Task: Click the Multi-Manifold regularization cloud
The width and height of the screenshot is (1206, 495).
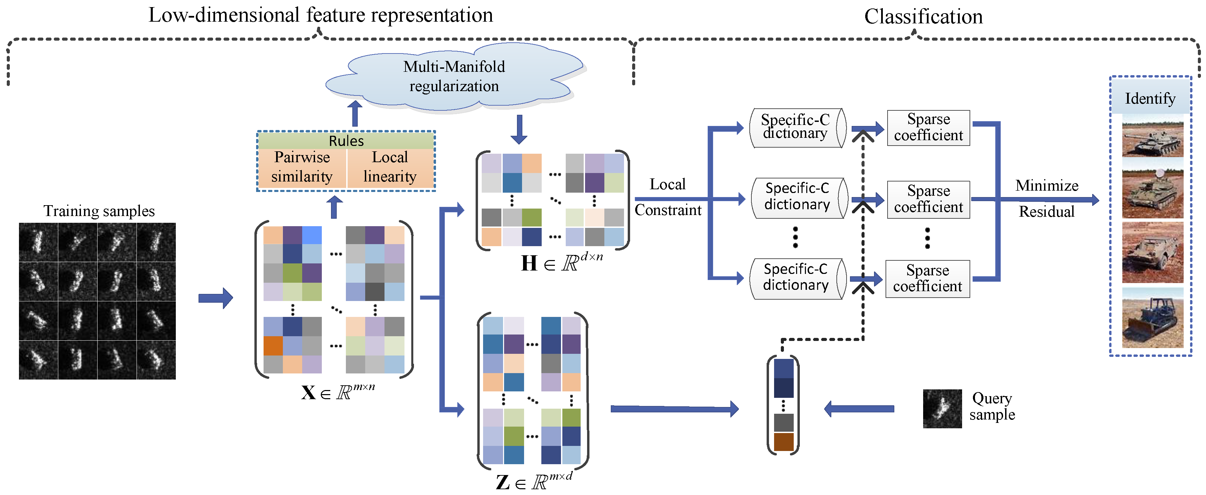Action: coord(454,77)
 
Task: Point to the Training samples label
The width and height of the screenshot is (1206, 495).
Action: coord(99,211)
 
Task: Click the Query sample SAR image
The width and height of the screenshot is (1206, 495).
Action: coord(942,408)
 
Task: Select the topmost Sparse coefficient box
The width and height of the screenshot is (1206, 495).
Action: coord(928,127)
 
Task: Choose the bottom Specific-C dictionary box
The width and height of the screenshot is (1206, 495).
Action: coord(796,278)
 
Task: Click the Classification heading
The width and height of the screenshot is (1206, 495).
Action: coord(923,17)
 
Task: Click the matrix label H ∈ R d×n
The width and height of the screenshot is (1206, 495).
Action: coord(562,262)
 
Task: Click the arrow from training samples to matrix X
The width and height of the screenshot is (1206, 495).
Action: coord(215,298)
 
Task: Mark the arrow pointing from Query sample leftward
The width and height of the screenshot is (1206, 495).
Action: coord(859,408)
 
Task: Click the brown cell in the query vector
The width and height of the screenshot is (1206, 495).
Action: coord(783,442)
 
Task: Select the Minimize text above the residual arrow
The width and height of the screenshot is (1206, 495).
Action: coord(1047,186)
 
